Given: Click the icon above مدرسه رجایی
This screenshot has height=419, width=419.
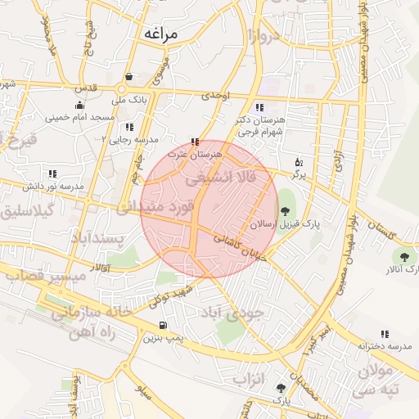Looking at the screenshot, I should [x=129, y=127].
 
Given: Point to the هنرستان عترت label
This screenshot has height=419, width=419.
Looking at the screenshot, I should [x=190, y=153].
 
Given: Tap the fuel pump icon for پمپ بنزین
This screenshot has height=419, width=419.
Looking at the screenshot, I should [x=162, y=326].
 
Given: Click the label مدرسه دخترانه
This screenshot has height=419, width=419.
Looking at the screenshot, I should [x=382, y=346].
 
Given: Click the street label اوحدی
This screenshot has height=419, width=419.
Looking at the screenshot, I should [x=217, y=96].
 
